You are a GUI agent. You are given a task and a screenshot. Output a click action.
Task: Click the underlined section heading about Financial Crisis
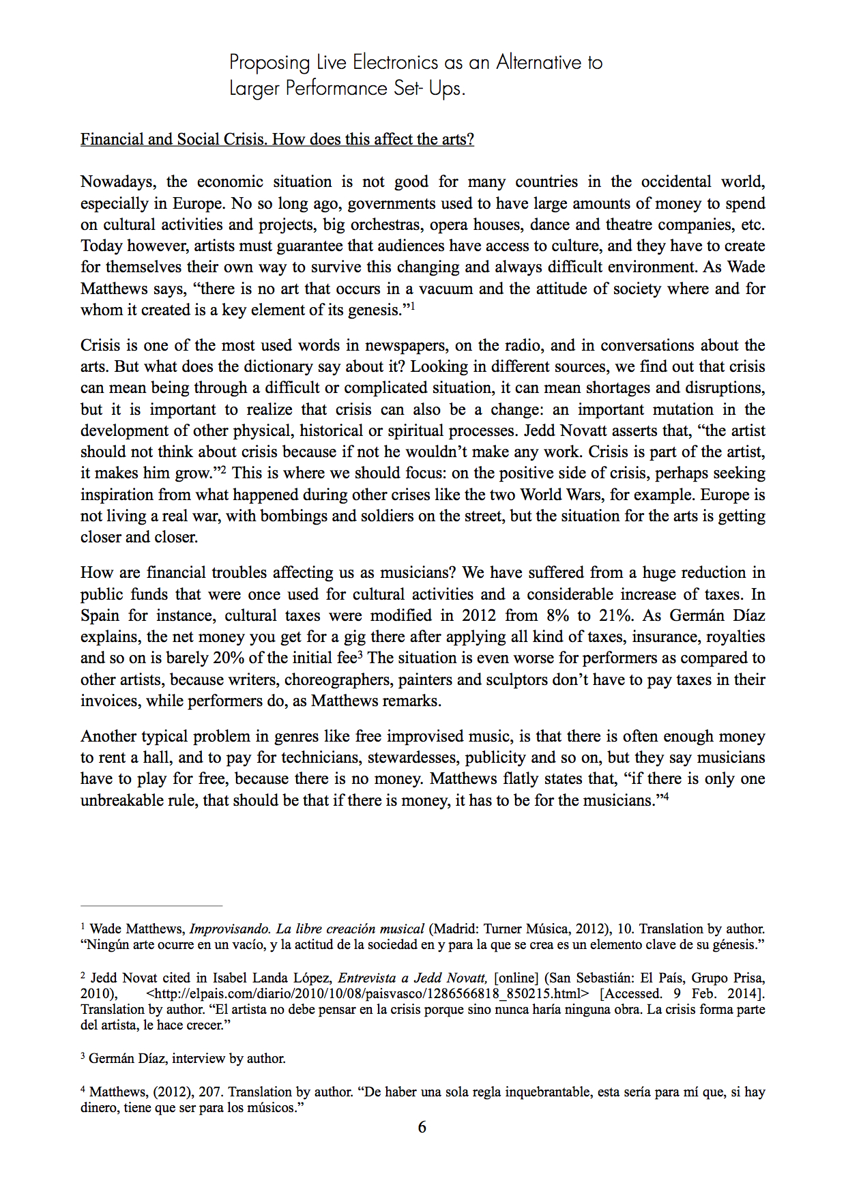pos(277,139)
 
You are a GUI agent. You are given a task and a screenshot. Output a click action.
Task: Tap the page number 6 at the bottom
pos(422,1127)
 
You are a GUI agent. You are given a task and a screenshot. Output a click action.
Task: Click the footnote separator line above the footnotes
pos(151,906)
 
